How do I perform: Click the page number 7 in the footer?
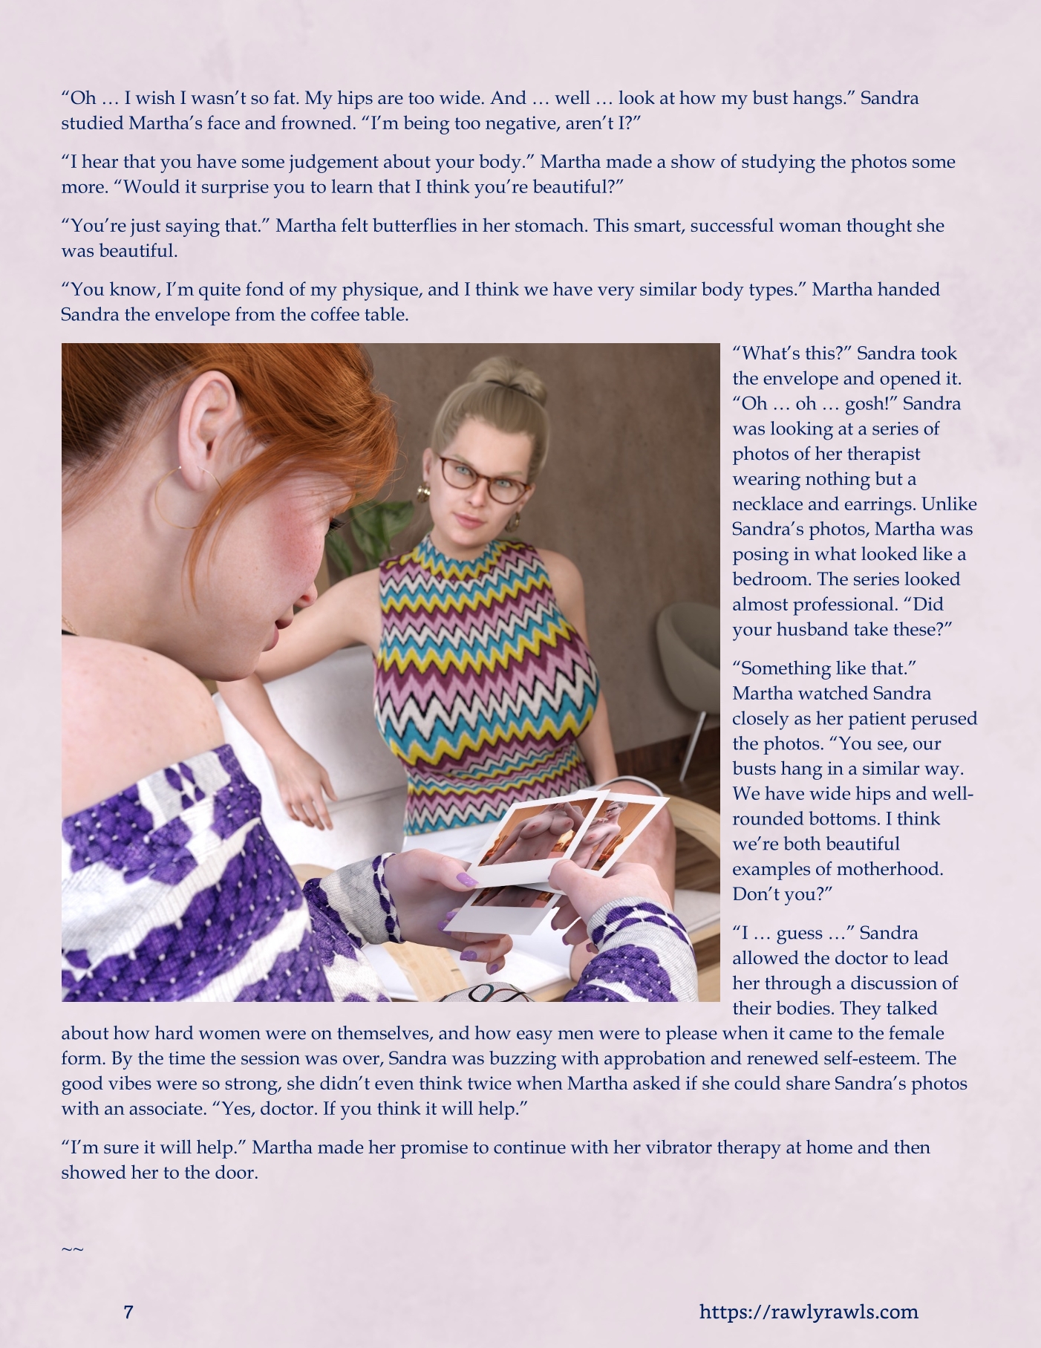128,1312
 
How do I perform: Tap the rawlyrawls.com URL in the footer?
809,1312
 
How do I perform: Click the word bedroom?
768,579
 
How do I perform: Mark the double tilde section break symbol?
72,1249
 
